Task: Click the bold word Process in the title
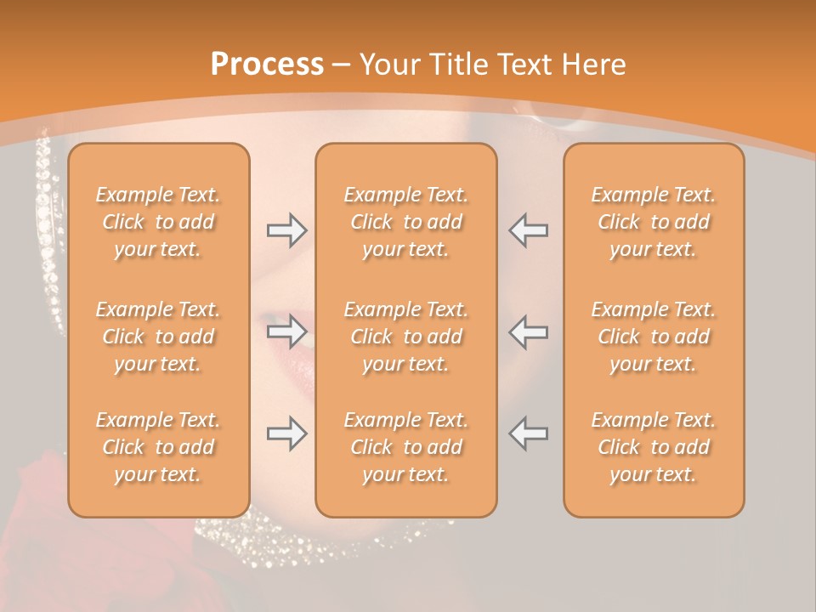[x=267, y=65]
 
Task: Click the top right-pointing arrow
[x=286, y=230]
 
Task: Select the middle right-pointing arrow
[x=286, y=330]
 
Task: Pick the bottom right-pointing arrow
[x=286, y=433]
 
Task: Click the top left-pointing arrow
[x=529, y=230]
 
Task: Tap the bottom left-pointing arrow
[x=529, y=433]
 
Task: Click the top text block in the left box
[x=158, y=222]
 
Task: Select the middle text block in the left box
[x=158, y=337]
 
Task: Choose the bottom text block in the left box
[x=158, y=447]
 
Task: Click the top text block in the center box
[x=405, y=222]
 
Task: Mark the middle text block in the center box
[x=405, y=337]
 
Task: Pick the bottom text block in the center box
[x=405, y=447]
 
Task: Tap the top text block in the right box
[x=653, y=222]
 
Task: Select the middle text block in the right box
[x=653, y=337]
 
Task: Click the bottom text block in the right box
[x=653, y=447]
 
